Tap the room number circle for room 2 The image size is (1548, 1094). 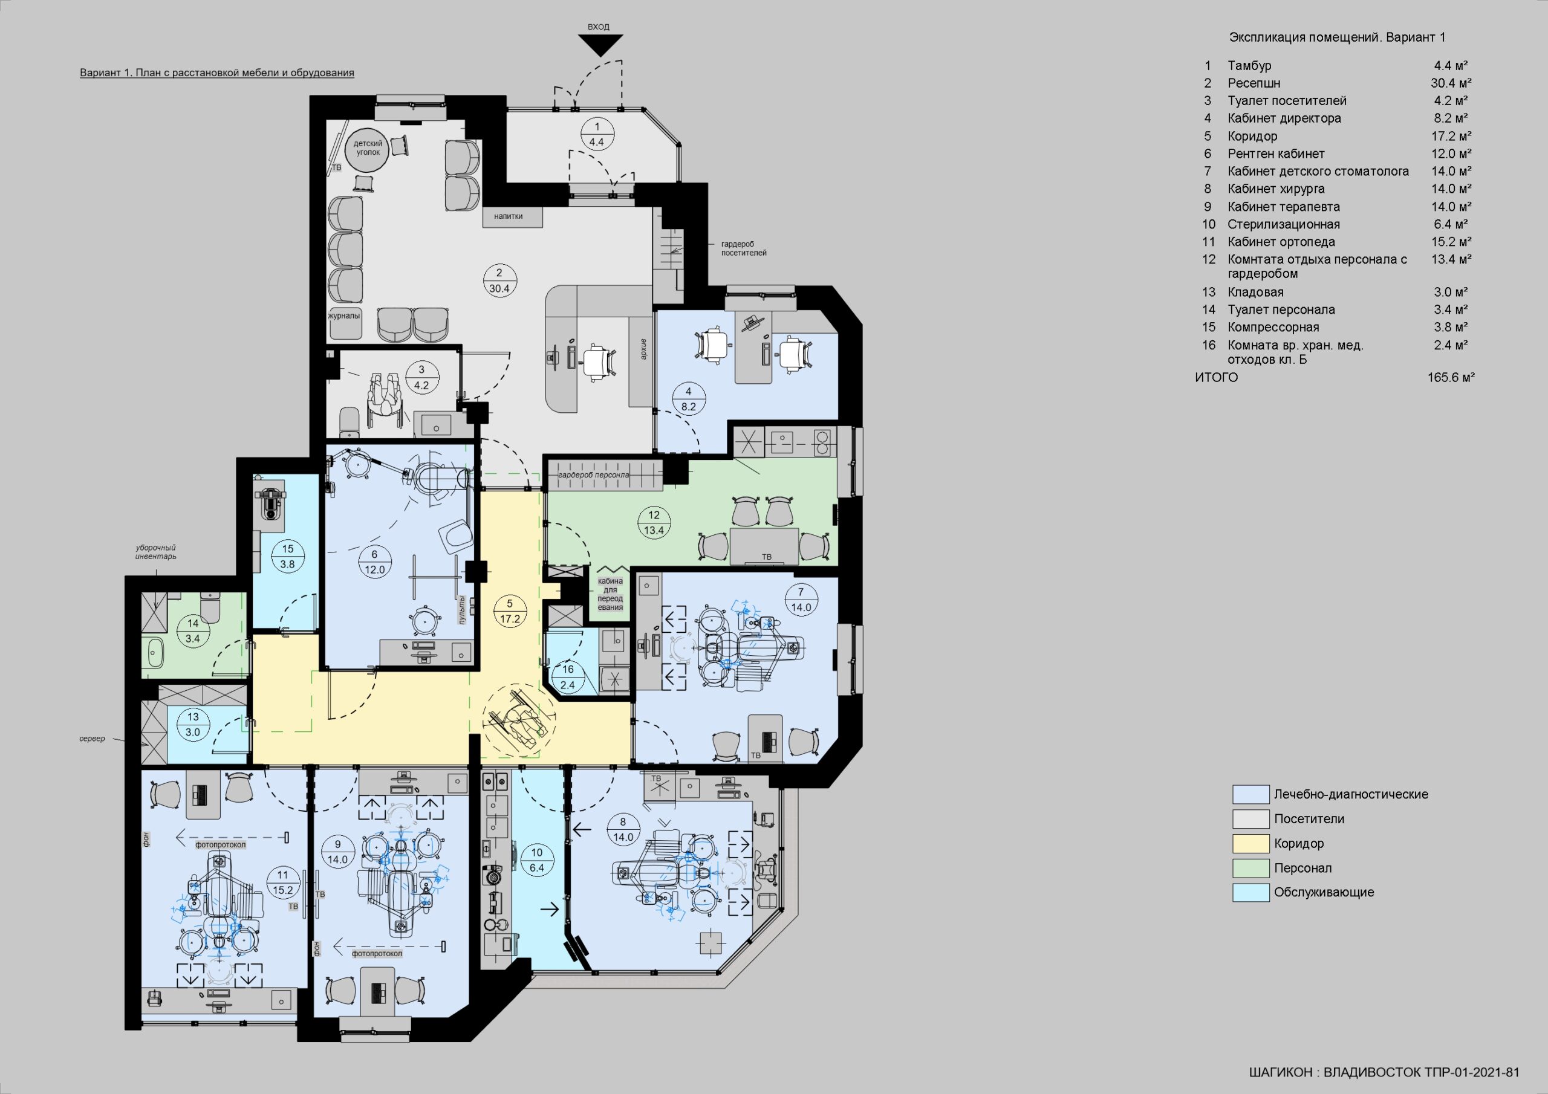[x=499, y=280]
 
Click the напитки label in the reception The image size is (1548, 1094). [x=509, y=216]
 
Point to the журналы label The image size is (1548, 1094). [x=344, y=316]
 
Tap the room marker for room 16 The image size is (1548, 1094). [x=568, y=678]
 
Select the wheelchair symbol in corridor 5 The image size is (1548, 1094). [x=518, y=719]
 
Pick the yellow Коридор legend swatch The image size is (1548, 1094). [x=1250, y=843]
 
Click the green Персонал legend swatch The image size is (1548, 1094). [x=1250, y=868]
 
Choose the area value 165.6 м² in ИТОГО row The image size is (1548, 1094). [x=1451, y=378]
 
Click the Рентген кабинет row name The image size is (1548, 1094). [x=1276, y=154]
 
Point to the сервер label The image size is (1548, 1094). [x=93, y=739]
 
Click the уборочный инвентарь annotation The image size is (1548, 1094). [x=156, y=552]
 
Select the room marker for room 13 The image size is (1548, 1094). [x=193, y=725]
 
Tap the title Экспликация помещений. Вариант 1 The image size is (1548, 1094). [x=1337, y=37]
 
